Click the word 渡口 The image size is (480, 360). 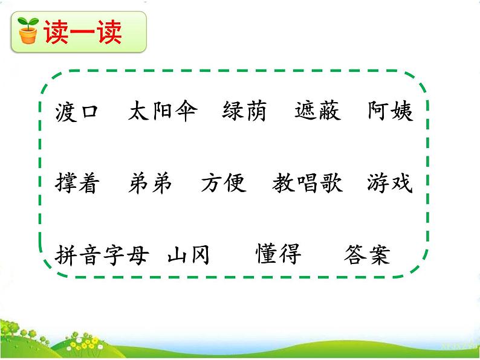(76, 111)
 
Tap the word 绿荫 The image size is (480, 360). (244, 111)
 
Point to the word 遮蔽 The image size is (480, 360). (318, 111)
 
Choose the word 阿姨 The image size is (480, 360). (391, 111)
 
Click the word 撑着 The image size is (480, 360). (77, 183)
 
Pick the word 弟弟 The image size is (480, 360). (151, 183)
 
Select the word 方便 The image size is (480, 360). (224, 183)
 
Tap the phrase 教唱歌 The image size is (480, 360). (308, 183)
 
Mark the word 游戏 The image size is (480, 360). (390, 183)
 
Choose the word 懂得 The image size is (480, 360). (279, 254)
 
